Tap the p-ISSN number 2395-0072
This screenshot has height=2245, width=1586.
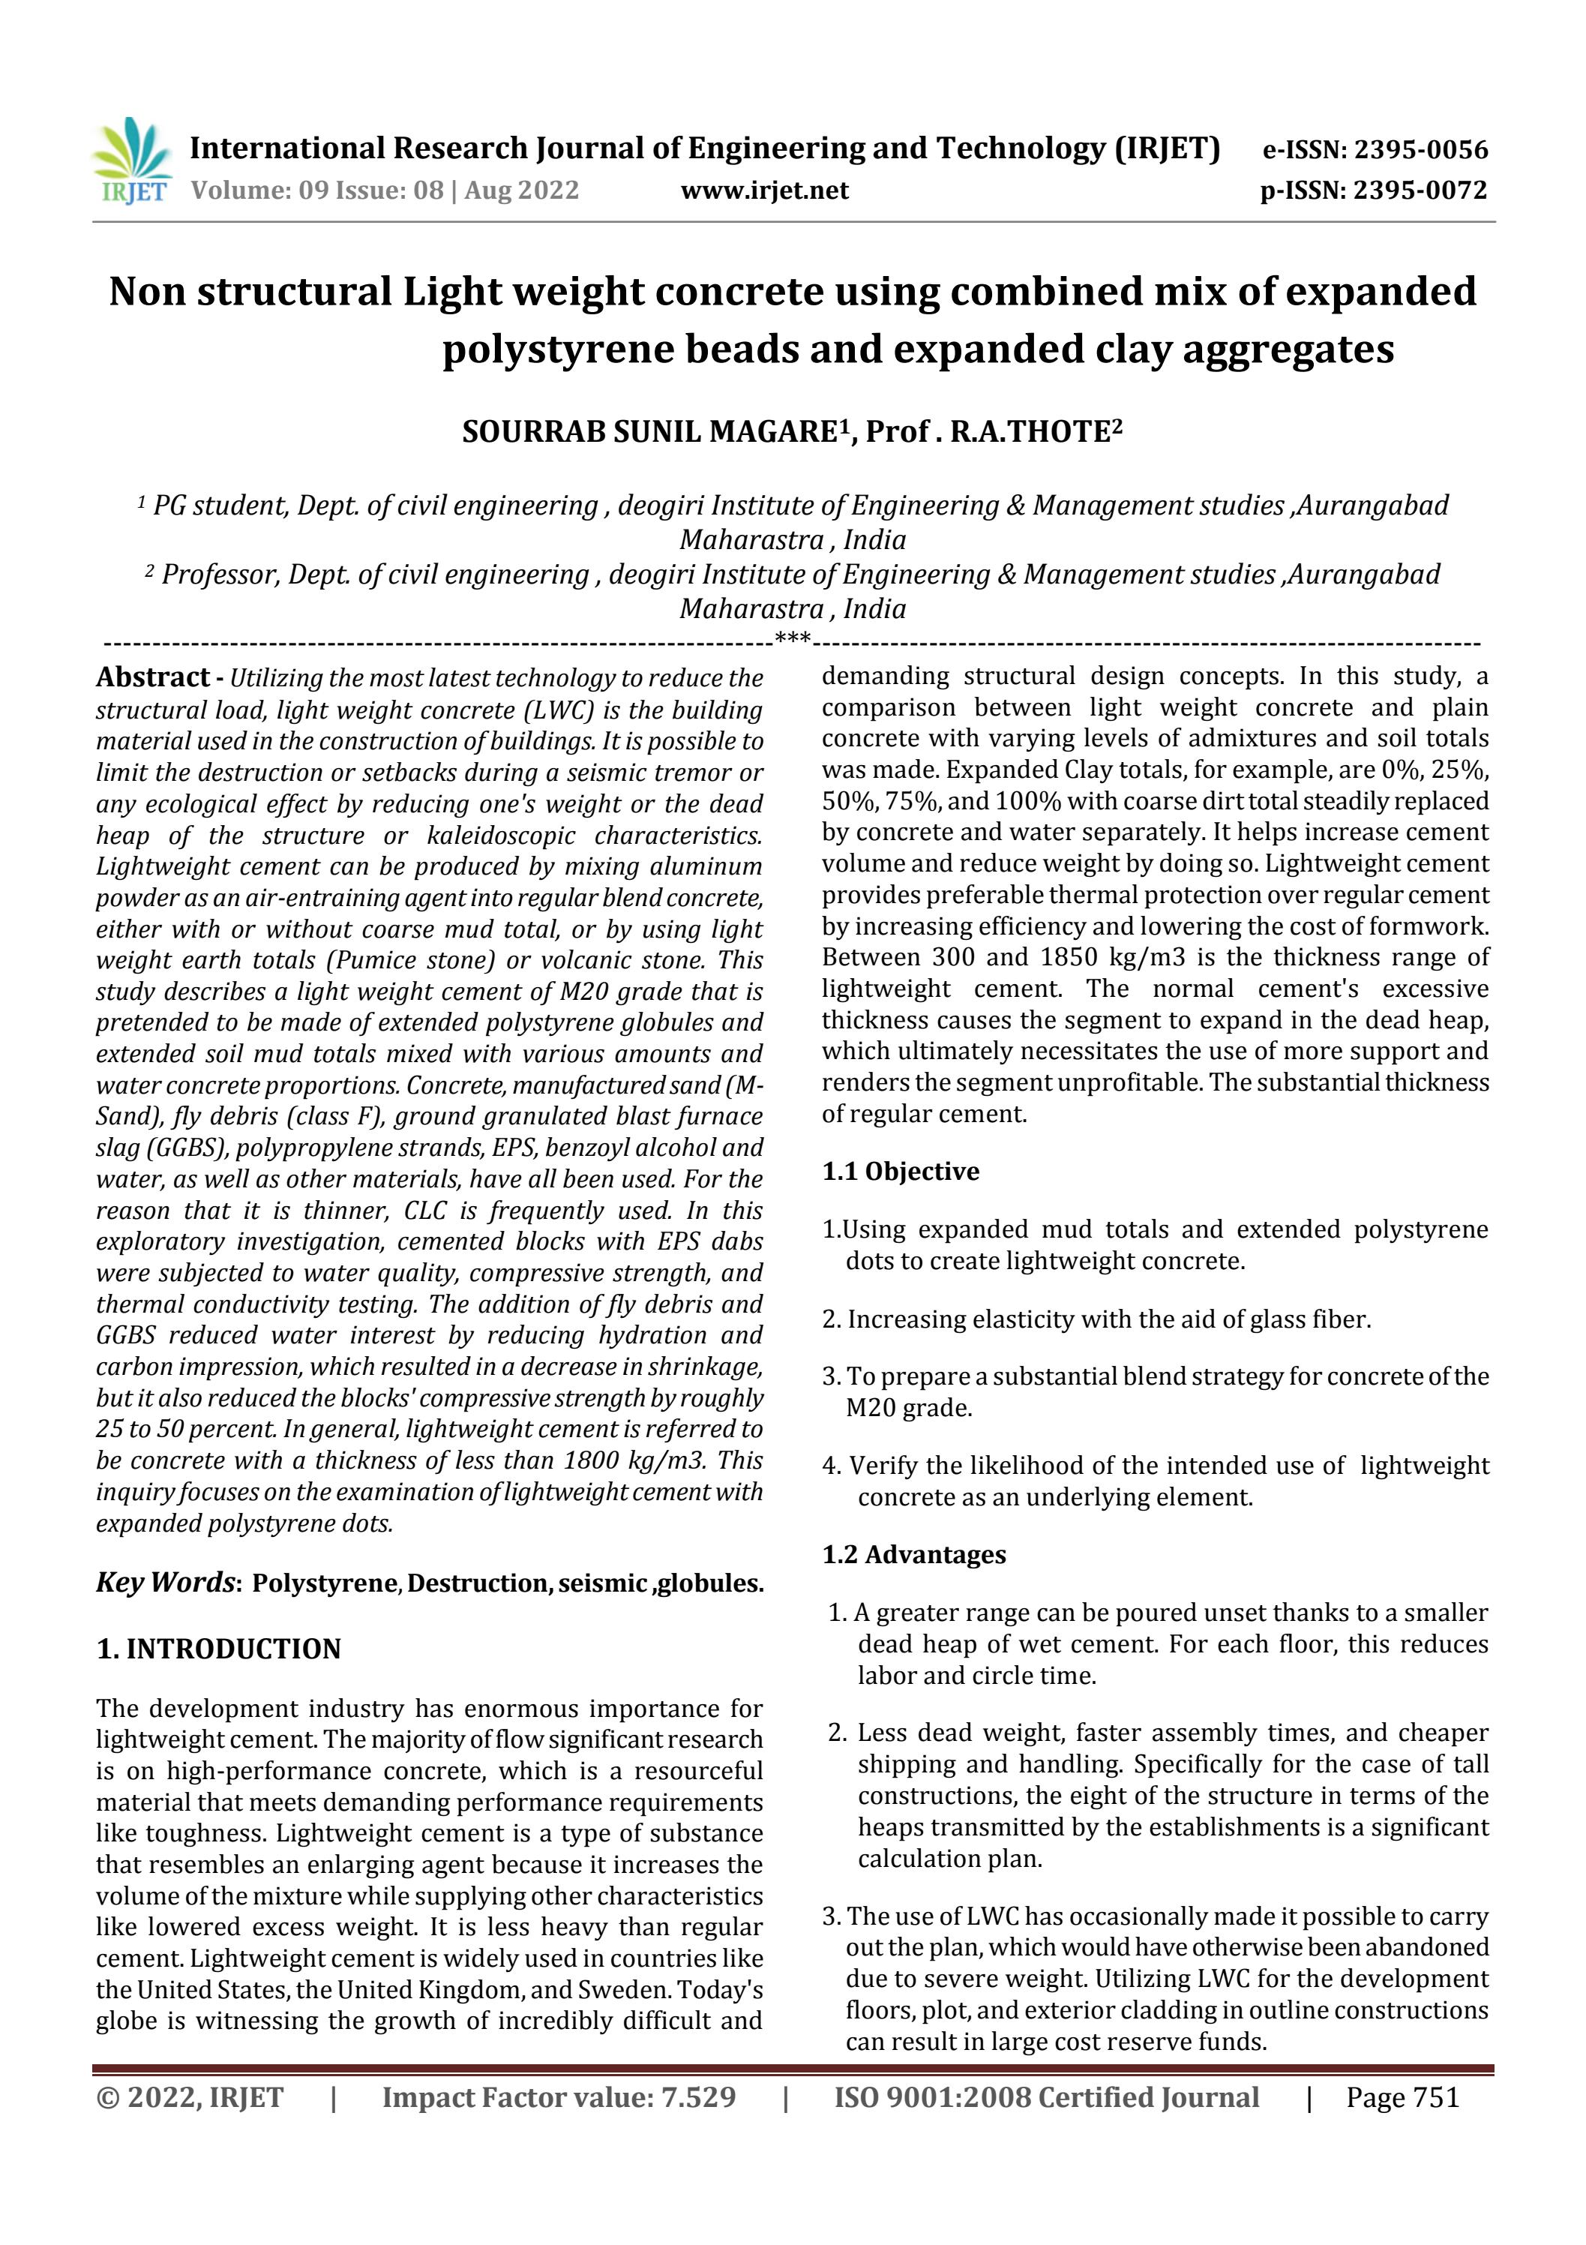tap(1420, 190)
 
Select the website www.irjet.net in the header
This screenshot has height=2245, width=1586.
tap(765, 190)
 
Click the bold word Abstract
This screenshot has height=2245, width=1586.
tap(152, 677)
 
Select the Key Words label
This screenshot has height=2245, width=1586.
tap(164, 1581)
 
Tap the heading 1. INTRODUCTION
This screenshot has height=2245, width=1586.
tap(218, 1649)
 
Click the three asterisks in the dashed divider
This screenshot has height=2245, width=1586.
tap(792, 640)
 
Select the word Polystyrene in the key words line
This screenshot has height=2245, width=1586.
tap(325, 1583)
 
